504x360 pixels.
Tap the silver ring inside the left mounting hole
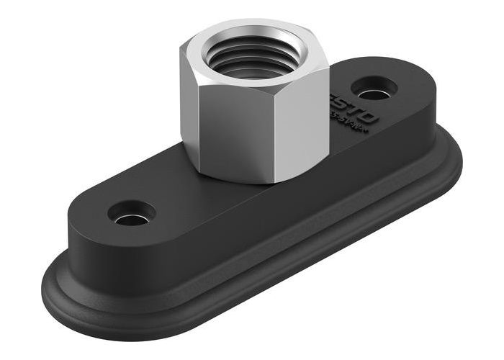coord(130,218)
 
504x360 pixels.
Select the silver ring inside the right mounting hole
coord(372,94)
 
